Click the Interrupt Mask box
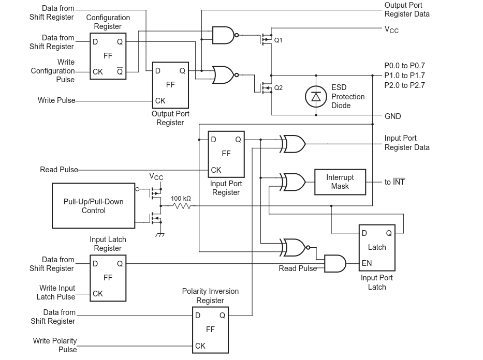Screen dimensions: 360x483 coord(340,182)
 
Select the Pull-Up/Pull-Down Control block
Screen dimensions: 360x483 coord(93,206)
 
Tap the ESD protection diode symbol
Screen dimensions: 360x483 coord(316,97)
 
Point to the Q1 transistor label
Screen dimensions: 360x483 coord(279,40)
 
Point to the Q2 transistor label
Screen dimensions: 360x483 coord(279,88)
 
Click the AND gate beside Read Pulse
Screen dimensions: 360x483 coord(334,263)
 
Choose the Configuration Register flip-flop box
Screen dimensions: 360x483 coord(108,56)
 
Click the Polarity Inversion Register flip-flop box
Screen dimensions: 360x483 coord(210,330)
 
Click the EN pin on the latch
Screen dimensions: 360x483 coord(367,263)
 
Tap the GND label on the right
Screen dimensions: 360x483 coord(392,116)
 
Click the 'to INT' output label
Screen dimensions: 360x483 coord(394,182)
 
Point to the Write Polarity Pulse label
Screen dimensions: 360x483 coord(55,345)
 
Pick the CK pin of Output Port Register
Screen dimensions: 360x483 coord(160,101)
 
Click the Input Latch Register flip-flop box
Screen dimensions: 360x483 coord(108,278)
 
